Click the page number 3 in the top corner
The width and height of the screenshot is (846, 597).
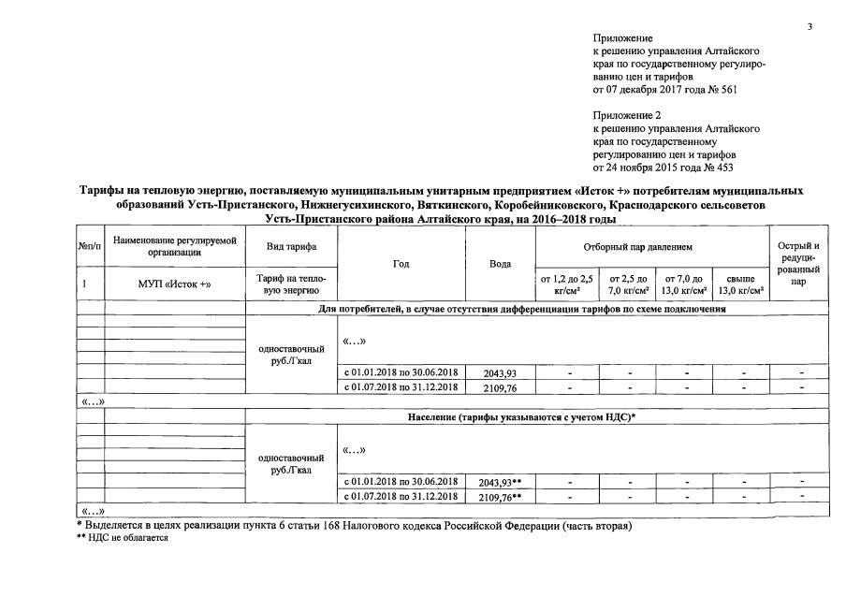tap(810, 26)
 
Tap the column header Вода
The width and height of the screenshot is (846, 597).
tap(500, 264)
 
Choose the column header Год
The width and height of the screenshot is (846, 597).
tap(401, 264)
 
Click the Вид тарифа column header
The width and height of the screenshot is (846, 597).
tap(291, 246)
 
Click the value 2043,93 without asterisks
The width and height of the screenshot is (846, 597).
tap(498, 373)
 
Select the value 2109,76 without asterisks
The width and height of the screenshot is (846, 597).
tap(498, 387)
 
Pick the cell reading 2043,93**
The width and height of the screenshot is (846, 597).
tap(500, 482)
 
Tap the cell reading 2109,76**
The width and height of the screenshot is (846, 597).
tap(500, 496)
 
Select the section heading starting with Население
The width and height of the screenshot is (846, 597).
tap(521, 416)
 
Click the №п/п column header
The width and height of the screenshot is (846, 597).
tap(90, 246)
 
